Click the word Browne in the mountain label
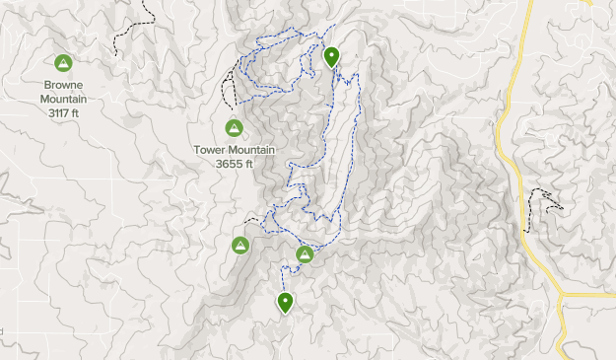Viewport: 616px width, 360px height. (63, 85)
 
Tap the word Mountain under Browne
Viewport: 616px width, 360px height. (63, 98)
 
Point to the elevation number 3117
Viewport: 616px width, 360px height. (56, 111)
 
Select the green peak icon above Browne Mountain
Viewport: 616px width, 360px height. (63, 63)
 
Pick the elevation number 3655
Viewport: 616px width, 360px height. (229, 164)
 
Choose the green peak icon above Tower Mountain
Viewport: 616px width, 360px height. (234, 127)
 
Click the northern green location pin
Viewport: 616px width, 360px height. (332, 56)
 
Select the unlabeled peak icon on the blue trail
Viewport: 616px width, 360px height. (306, 255)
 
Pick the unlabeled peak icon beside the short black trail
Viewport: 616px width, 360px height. (239, 245)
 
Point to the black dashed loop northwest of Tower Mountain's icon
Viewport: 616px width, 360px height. (228, 87)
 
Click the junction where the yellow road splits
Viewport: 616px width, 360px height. (560, 294)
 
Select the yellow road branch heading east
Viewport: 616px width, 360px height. (591, 294)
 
